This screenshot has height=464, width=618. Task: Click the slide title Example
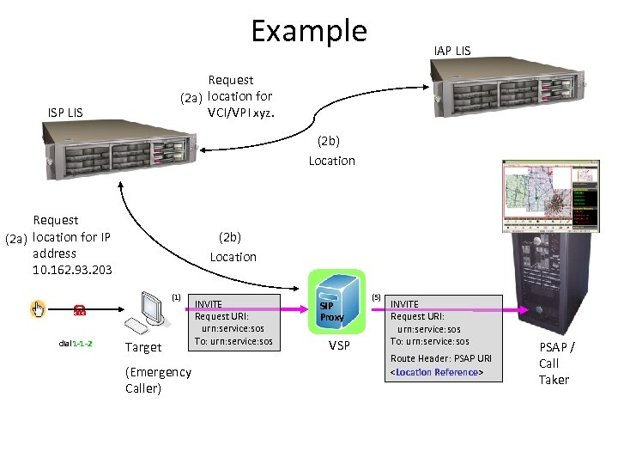(x=308, y=31)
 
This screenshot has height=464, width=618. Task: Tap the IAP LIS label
(x=452, y=51)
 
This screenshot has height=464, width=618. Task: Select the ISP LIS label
(x=65, y=112)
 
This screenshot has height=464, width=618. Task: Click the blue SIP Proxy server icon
(x=332, y=302)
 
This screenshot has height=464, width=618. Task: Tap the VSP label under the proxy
(x=339, y=345)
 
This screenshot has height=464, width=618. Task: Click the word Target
(x=142, y=347)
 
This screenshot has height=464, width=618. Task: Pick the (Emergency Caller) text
(x=158, y=380)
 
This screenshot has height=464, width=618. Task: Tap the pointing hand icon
(x=38, y=309)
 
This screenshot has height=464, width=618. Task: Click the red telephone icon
(x=79, y=310)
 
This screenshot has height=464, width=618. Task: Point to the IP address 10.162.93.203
(x=72, y=270)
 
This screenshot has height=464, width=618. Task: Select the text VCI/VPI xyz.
(x=241, y=113)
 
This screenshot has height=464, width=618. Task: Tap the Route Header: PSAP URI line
(x=441, y=358)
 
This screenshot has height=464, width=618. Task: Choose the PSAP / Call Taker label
(x=556, y=363)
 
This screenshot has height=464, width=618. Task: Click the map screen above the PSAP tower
(x=549, y=195)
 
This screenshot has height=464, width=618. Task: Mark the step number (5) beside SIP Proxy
(x=375, y=297)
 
